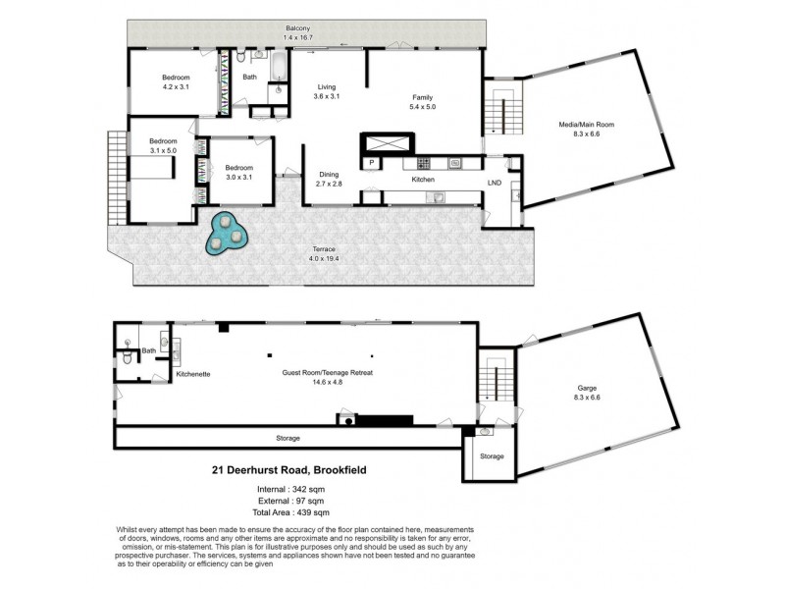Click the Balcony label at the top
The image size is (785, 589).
(298, 28)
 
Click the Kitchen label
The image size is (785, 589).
(423, 181)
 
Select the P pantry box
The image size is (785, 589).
(372, 163)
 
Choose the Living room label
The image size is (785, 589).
(326, 86)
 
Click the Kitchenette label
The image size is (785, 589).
(193, 374)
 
